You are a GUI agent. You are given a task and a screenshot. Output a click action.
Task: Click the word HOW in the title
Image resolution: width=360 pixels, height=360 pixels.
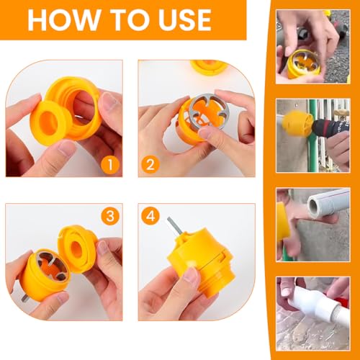point(63,19)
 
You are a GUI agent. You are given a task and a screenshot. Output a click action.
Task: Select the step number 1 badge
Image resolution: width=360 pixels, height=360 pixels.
point(110,165)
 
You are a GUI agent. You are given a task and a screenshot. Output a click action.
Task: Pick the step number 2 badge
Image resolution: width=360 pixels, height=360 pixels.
point(150,165)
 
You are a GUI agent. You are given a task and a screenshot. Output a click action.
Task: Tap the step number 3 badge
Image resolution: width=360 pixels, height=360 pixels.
point(110,216)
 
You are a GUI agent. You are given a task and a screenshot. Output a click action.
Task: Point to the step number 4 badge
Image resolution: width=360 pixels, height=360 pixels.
point(150,216)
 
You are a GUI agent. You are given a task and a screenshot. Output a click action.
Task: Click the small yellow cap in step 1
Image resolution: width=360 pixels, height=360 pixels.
point(49,122)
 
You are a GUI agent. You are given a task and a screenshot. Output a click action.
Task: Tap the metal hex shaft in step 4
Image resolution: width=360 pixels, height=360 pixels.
point(175,228)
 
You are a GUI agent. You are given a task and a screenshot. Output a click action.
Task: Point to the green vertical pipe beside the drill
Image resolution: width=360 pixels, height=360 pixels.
point(312,135)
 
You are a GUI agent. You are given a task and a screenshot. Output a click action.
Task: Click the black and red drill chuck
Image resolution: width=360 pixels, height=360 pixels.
point(329,127)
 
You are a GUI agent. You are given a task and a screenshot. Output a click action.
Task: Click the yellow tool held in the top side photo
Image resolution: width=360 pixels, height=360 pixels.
point(303,63)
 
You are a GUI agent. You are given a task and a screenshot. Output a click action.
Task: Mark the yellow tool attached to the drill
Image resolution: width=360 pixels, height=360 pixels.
point(297,122)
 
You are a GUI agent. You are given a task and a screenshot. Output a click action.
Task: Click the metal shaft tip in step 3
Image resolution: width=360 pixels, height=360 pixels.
point(24,298)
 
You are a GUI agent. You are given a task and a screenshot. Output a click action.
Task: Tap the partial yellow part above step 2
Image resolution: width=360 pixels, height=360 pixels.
point(210,67)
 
